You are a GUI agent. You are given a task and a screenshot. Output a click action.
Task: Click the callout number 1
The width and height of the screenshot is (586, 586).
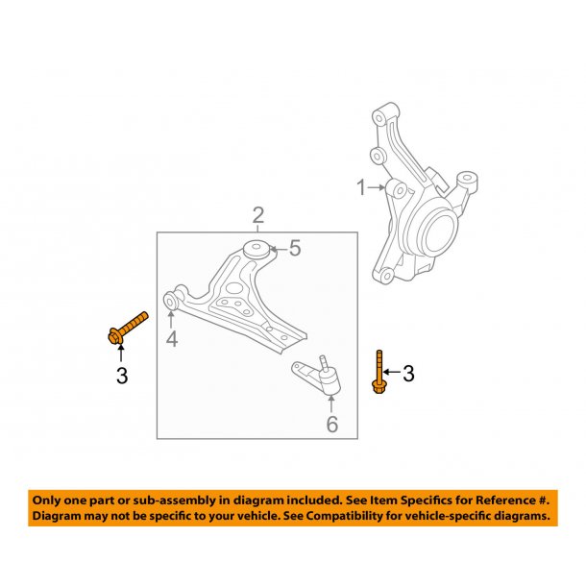click(x=362, y=188)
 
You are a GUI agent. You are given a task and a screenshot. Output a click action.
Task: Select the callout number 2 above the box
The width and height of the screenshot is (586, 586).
click(x=257, y=214)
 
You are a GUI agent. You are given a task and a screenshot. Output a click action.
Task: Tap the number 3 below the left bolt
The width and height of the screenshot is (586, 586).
click(x=121, y=376)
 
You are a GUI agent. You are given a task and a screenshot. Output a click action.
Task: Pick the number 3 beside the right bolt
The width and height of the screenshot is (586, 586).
click(x=408, y=374)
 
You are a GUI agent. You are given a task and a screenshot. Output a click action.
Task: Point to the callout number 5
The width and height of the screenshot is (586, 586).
click(x=295, y=249)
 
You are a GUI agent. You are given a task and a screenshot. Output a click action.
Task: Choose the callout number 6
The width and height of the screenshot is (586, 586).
click(x=331, y=424)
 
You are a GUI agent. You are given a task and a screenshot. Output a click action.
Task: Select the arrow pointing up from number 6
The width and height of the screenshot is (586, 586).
click(x=331, y=403)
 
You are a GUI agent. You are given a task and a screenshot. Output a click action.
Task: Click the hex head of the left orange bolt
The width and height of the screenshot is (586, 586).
click(x=114, y=336)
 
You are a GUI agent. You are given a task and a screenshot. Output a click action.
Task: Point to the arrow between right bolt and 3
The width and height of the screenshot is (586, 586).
click(x=393, y=373)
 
